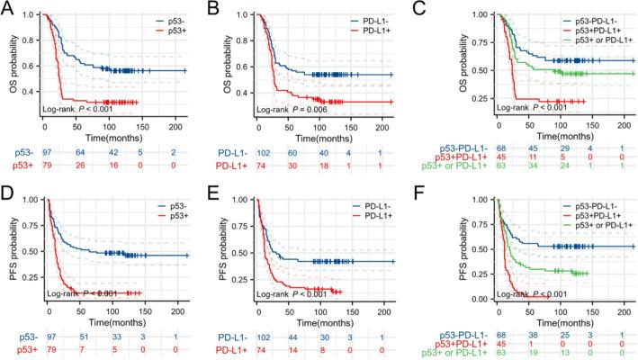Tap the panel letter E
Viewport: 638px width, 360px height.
[225, 189]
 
